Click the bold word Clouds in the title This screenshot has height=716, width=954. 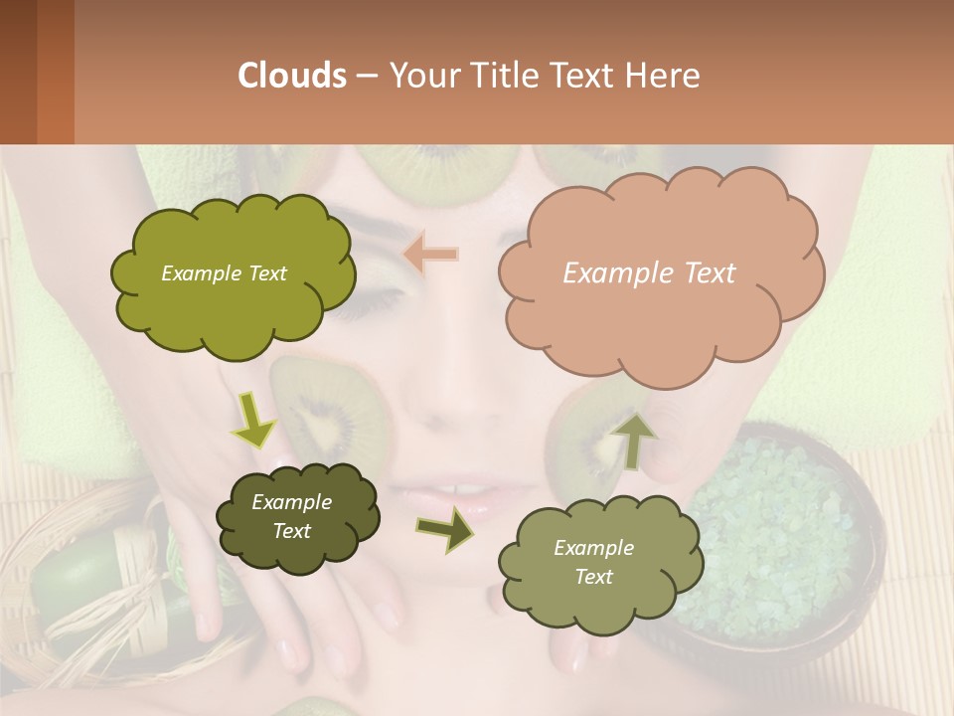pos(293,76)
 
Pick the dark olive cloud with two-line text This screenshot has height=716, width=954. pos(298,517)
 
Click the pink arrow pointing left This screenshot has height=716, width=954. pos(431,255)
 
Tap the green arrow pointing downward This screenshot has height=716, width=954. pos(254,420)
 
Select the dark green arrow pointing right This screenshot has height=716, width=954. pos(444,530)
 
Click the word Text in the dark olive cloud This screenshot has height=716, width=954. pos(292,531)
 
